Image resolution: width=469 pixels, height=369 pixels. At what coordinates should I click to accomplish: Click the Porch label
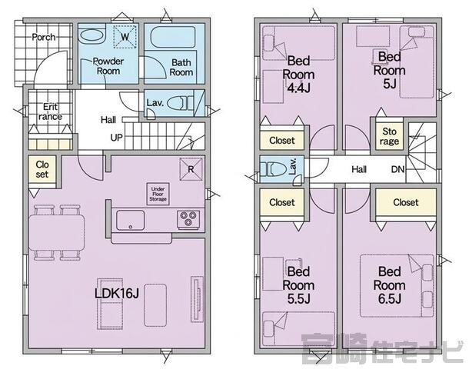coord(44,37)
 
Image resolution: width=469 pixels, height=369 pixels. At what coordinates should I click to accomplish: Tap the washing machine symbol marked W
coord(125,37)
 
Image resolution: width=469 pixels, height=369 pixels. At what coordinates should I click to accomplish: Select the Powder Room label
coord(108,66)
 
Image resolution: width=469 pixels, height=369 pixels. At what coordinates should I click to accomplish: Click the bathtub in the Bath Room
coord(173,37)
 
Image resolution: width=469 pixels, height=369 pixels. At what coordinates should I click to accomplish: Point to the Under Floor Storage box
coord(158,194)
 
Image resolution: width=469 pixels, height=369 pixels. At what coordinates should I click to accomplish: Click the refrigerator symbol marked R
coord(191,169)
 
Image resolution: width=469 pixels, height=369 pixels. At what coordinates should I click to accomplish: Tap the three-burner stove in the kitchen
coord(188,219)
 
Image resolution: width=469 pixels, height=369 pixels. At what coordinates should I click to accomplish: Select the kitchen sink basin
coord(131,221)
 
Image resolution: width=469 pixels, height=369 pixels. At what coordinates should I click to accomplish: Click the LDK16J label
coord(117,294)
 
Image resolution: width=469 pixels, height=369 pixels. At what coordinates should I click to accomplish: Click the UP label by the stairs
coord(116,138)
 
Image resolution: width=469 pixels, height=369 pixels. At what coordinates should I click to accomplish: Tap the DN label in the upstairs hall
coord(397,170)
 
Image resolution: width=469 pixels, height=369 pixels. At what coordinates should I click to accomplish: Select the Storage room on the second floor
coord(390,136)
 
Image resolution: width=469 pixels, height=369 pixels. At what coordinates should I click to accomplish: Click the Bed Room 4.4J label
coord(298,75)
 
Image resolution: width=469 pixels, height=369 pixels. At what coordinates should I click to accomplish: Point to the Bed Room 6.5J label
coord(390,285)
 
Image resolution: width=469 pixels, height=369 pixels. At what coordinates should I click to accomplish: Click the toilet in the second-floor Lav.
coord(271,170)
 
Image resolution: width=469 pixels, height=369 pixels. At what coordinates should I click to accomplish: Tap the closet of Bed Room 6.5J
coord(406,202)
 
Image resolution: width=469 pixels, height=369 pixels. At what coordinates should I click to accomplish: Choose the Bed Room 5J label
coord(390,70)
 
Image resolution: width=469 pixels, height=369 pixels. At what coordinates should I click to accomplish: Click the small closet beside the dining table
coord(42,169)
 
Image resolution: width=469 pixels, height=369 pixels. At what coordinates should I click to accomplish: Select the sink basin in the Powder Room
coord(92,35)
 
